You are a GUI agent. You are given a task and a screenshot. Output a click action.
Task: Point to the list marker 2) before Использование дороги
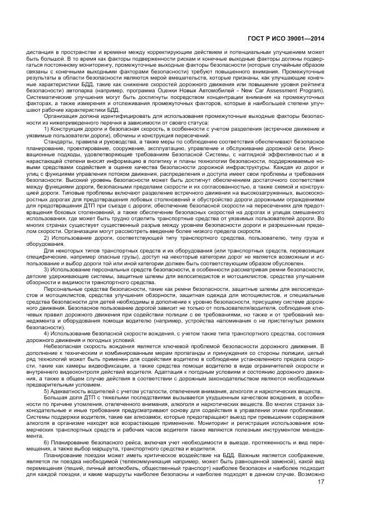click(47, 237)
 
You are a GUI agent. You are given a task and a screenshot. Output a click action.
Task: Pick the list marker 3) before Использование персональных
click(47, 269)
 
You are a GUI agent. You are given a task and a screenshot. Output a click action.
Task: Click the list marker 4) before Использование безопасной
click(47, 332)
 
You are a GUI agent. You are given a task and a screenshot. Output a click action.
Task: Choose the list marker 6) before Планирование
click(47, 441)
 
